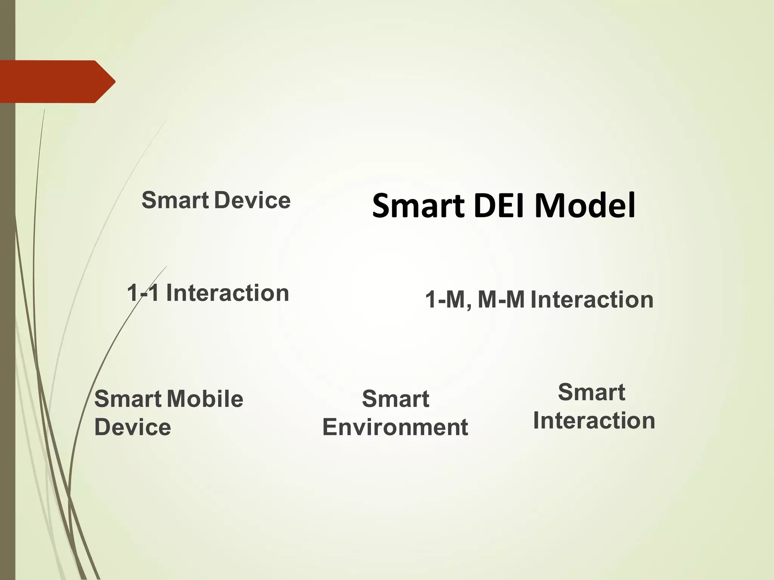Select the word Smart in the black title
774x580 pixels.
[x=418, y=207]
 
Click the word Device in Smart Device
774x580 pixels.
[x=252, y=200]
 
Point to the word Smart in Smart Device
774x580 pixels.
[x=175, y=200]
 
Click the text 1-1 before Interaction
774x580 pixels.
[x=142, y=293]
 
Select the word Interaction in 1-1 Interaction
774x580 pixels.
[x=228, y=293]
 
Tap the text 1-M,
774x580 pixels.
[x=448, y=300]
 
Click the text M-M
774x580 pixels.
[x=501, y=300]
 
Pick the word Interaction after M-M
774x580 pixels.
[x=592, y=300]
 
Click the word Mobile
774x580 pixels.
[x=205, y=399]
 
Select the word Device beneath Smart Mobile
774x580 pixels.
[x=133, y=427]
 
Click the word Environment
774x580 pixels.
[x=395, y=427]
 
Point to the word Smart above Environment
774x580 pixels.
[x=396, y=399]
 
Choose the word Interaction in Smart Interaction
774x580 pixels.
[x=594, y=421]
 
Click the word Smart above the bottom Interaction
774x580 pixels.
[x=591, y=393]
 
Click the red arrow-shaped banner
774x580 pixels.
[x=49, y=82]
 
